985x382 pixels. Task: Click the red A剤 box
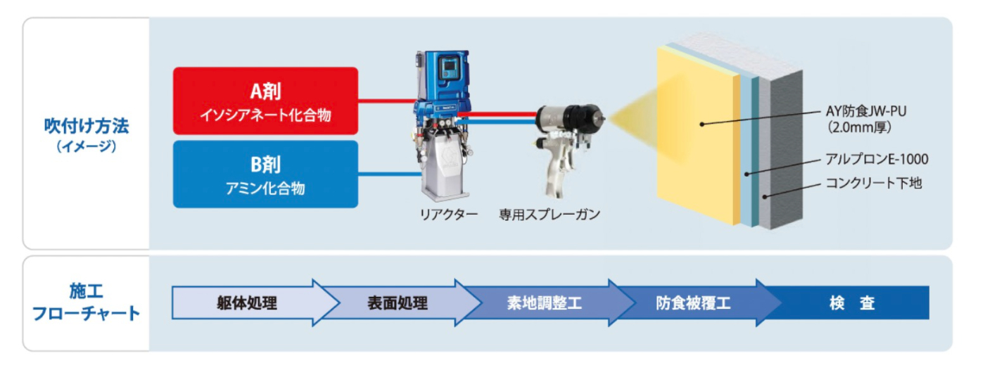(265, 101)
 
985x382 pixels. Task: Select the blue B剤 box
(265, 174)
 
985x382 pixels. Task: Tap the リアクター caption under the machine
(449, 215)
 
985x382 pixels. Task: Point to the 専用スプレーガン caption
(549, 215)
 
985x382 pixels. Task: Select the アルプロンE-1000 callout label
(877, 159)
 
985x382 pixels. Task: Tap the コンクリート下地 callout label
(873, 183)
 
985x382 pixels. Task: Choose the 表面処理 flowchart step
(398, 303)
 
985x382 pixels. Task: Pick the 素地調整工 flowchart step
(545, 303)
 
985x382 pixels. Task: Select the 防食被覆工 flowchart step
(694, 303)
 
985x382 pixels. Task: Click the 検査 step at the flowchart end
(852, 303)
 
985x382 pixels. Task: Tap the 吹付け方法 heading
(86, 126)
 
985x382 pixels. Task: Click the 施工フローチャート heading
(86, 303)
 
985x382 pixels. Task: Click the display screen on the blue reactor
(450, 68)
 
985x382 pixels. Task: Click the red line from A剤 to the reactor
(387, 101)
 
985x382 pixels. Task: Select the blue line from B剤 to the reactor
(390, 174)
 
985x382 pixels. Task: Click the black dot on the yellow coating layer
(702, 125)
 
